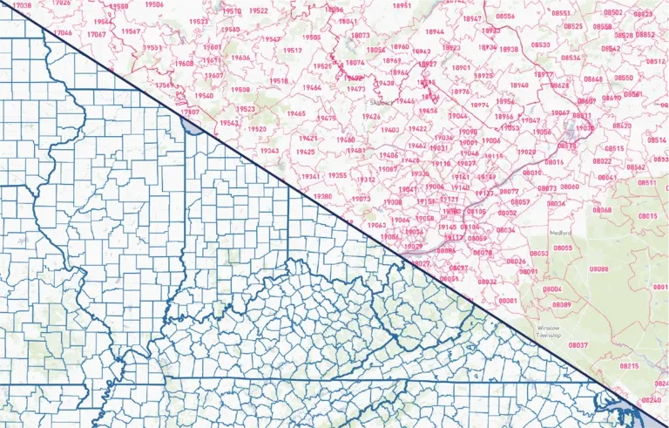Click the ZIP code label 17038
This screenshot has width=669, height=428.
click(x=23, y=5)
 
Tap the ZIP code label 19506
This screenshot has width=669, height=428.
click(x=153, y=4)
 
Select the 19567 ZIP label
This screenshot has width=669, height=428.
click(x=132, y=31)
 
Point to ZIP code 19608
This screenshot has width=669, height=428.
click(x=184, y=64)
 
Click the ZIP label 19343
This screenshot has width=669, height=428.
click(x=269, y=151)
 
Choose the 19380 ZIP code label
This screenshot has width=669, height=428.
click(x=322, y=197)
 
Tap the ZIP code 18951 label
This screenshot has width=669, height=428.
click(x=402, y=5)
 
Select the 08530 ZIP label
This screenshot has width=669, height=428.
click(x=540, y=44)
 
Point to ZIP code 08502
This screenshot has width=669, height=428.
click(x=613, y=12)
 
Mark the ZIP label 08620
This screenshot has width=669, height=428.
click(x=621, y=126)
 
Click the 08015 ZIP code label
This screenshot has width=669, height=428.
click(x=647, y=216)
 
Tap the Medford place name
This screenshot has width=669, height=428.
click(x=562, y=233)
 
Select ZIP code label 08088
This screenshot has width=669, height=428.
click(x=598, y=269)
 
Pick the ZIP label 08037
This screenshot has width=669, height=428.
click(x=578, y=345)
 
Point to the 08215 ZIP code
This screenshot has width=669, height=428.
click(x=628, y=366)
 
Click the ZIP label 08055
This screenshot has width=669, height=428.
click(x=563, y=248)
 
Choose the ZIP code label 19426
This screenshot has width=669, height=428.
click(x=371, y=116)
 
